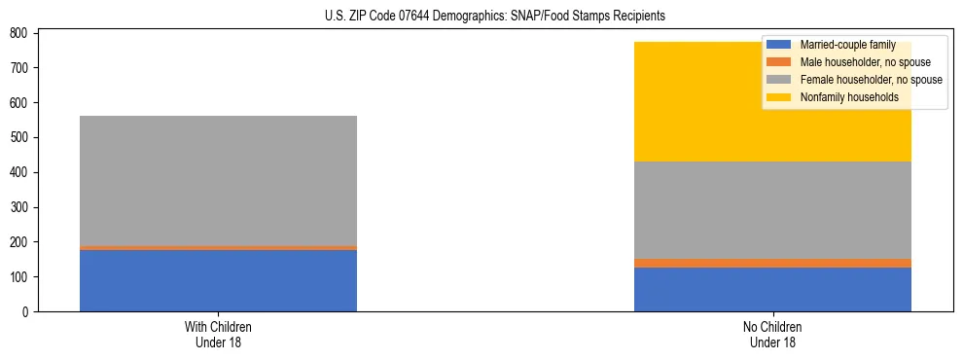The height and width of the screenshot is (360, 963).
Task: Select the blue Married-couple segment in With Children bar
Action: pos(218,280)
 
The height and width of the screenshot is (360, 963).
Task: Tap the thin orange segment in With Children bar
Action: pos(218,248)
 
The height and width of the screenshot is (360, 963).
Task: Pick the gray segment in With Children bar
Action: pos(218,181)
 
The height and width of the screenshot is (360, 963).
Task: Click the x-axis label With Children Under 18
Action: pos(218,334)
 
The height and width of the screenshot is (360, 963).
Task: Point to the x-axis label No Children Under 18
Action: pos(772,334)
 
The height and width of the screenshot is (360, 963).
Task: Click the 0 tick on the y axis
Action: pos(25,312)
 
